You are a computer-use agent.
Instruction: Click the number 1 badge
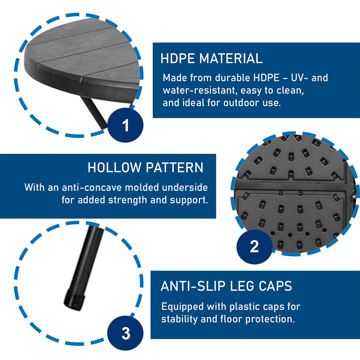click(125, 125)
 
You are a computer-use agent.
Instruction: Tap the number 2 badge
click(254, 246)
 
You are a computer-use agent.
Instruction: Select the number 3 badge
click(125, 333)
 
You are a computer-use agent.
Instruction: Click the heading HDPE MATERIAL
click(212, 58)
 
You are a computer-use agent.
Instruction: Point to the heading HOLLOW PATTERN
click(146, 167)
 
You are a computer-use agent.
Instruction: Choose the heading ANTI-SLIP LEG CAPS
click(226, 286)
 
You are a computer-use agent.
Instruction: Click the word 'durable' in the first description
click(232, 78)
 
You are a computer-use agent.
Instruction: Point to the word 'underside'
click(185, 187)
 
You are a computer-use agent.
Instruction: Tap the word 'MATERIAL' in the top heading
click(231, 58)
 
